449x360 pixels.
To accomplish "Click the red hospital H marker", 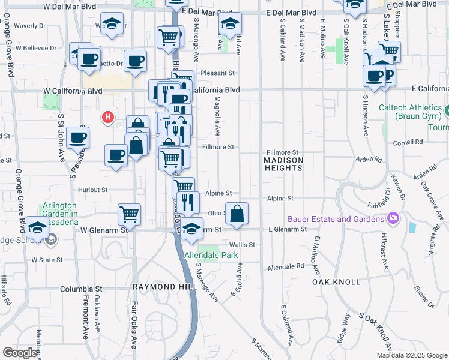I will (107, 117).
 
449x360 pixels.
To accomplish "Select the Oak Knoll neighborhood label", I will (336, 281).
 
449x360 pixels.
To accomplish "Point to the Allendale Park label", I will (211, 256).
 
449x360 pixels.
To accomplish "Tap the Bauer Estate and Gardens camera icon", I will (394, 218).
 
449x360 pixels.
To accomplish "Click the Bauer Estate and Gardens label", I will (336, 219).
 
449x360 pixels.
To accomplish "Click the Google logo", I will (19, 353).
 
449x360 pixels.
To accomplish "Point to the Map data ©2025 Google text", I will (411, 355).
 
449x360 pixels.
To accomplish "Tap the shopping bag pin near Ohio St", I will (238, 214).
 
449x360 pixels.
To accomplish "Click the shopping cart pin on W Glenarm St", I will (129, 214).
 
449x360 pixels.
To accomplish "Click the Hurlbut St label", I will (92, 189).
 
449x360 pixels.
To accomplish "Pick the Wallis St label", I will (243, 245).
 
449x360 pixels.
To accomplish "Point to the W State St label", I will (47, 260).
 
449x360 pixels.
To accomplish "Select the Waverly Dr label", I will (30, 26).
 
